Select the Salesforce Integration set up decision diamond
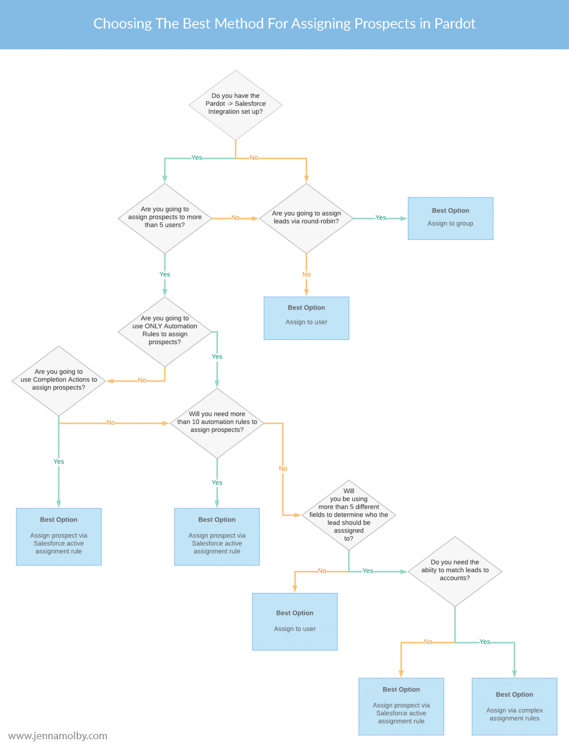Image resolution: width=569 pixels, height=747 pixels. coord(235,105)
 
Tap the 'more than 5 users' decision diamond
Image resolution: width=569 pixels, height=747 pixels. coord(165,218)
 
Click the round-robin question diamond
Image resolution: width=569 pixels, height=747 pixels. coord(306,218)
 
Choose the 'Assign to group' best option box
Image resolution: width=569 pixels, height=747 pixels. coord(450,218)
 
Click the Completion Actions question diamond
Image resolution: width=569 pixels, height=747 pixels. coord(59,380)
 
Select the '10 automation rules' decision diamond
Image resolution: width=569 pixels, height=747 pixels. coord(217,422)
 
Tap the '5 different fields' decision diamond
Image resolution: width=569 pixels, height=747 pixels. coord(349,515)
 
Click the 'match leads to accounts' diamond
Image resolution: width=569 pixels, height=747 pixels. coord(455,571)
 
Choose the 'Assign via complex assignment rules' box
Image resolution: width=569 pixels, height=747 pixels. coord(514,706)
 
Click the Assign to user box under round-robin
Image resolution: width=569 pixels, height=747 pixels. coord(306,318)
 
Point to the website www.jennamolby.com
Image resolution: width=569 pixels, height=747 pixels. coord(58,736)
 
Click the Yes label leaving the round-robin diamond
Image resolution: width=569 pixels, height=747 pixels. coord(381,218)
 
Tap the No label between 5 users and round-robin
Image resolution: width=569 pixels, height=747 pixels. coord(235,218)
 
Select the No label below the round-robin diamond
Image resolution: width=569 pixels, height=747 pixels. coord(306,275)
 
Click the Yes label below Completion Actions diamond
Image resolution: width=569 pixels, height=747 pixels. coord(59,461)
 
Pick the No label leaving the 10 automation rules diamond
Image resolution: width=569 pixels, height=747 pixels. coord(283,469)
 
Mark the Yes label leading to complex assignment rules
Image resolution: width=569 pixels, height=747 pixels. coord(485,642)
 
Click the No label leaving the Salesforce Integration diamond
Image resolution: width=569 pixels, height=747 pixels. coord(254,158)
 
